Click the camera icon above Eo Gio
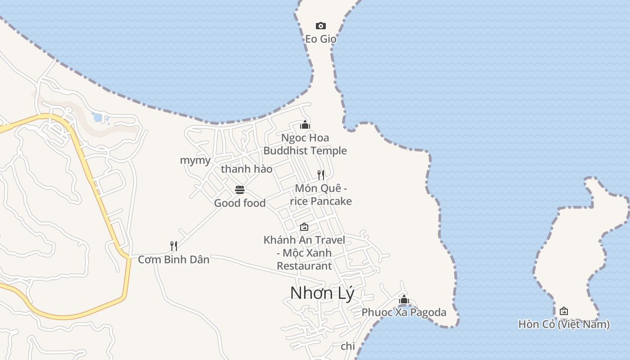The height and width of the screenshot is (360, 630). pos(320,26)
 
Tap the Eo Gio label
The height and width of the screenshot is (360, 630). pos(320,39)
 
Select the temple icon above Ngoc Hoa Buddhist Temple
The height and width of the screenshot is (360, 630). pos(305,125)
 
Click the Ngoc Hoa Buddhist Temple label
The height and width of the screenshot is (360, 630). pos(305,144)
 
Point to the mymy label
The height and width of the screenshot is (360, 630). pos(195,161)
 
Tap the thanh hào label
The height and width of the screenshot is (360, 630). pos(247,169)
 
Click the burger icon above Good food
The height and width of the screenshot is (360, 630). pos(240,190)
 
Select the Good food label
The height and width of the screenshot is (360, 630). pos(240,203)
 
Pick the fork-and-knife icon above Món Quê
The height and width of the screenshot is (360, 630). pos(321,175)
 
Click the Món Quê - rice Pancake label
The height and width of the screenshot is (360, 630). pos(321,194)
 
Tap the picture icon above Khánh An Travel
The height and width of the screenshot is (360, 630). pos(304,227)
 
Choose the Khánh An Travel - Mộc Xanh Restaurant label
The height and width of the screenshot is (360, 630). pos(304,253)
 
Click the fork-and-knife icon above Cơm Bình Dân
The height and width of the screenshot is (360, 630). pos(174,246)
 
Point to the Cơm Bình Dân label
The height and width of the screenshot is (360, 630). pos(174,260)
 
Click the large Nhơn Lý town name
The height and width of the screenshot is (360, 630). pos(322,293)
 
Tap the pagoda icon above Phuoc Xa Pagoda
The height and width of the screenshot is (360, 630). pos(404,299)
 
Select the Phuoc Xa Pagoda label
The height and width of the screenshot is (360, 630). pos(404,312)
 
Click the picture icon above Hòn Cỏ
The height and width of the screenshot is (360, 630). pos(563,311)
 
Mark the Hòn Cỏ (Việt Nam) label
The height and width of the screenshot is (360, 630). pos(564,324)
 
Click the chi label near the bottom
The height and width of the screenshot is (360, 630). pos(348,346)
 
